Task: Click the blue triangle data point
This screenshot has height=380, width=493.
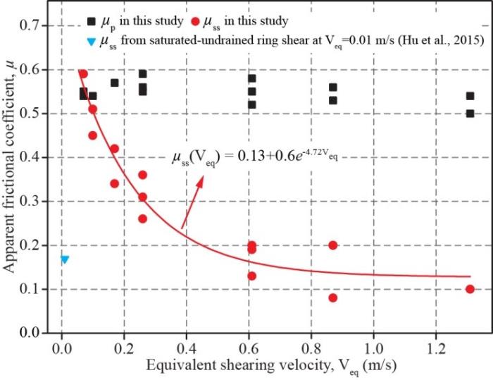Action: (65, 259)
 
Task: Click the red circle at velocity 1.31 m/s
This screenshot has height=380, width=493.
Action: (470, 289)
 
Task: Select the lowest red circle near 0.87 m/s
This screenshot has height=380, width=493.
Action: (332, 298)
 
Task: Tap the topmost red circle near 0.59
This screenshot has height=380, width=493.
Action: (83, 73)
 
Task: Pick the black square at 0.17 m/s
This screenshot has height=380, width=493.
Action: (114, 82)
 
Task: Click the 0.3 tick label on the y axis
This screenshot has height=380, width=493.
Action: (39, 202)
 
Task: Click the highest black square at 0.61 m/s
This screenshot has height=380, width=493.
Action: (252, 78)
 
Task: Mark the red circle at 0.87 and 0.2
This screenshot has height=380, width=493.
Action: (332, 245)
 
